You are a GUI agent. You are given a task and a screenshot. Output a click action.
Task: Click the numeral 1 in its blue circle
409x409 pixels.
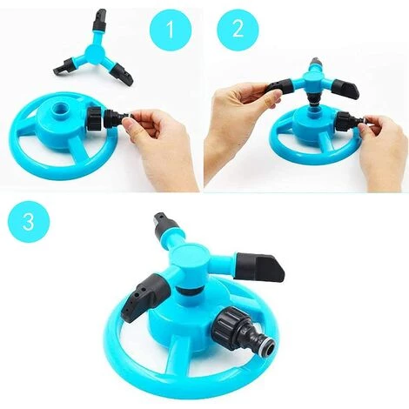click(x=171, y=29)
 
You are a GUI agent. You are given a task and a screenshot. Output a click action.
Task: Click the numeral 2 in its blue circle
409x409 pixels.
click(x=238, y=29)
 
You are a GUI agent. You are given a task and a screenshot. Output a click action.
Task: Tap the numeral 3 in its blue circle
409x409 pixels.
click(x=29, y=222)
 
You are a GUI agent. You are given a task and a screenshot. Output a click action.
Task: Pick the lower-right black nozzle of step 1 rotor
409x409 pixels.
click(x=123, y=73)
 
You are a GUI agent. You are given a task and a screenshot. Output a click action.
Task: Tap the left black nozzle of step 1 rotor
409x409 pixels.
click(x=64, y=65)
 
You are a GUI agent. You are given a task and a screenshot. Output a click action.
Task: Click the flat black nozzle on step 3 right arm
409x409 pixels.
click(x=260, y=265)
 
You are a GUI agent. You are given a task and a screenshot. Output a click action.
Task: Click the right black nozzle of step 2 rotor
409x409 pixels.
click(x=345, y=88)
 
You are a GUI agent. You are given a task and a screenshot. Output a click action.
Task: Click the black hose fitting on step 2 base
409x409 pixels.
click(x=350, y=120)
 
